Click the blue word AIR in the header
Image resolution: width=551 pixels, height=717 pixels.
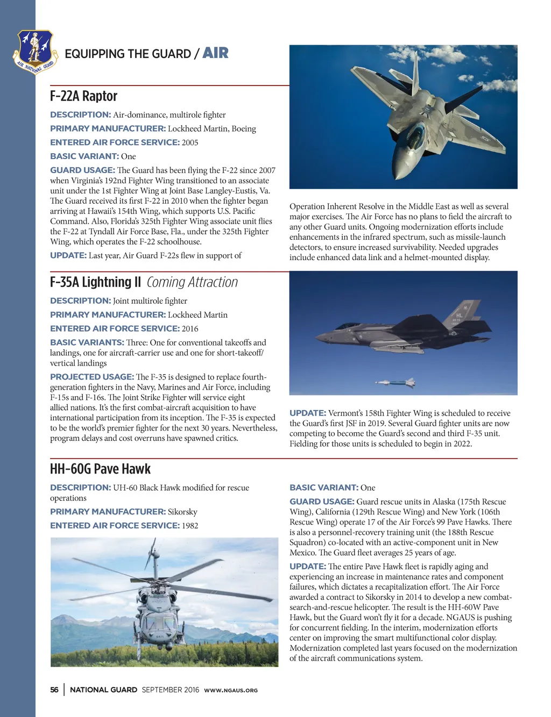pyautogui.click(x=215, y=53)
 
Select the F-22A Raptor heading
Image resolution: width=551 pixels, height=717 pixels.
pyautogui.click(x=83, y=96)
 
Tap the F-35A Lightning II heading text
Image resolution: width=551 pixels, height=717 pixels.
pyautogui.click(x=95, y=282)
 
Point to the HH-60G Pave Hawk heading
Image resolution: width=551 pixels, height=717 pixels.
pyautogui.click(x=100, y=469)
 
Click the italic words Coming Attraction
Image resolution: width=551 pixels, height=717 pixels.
pyautogui.click(x=192, y=282)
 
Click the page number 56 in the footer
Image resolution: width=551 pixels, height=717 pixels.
pyautogui.click(x=54, y=690)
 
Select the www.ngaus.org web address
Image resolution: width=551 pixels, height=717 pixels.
pyautogui.click(x=231, y=690)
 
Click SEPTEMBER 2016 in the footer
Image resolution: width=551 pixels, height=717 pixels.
pyautogui.click(x=170, y=690)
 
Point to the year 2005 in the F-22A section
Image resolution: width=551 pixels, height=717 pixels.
pyautogui.click(x=190, y=142)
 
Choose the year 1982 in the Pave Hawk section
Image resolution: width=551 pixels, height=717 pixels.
pyautogui.click(x=190, y=526)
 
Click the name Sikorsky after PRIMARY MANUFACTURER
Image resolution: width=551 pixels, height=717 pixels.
pyautogui.click(x=182, y=512)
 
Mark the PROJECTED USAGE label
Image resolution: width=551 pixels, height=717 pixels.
pyautogui.click(x=91, y=377)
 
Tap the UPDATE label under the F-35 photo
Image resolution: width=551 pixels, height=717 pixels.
pyautogui.click(x=308, y=413)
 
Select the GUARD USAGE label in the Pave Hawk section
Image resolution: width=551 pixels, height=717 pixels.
pyautogui.click(x=322, y=501)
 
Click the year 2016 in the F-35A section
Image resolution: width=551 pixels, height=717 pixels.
pyautogui.click(x=190, y=328)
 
